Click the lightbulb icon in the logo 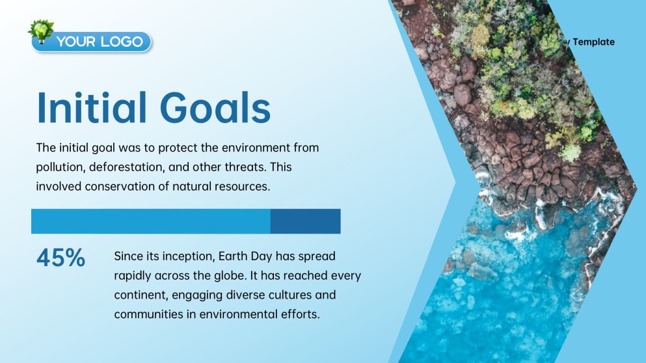pyautogui.click(x=42, y=31)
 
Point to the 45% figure pyautogui.click(x=61, y=258)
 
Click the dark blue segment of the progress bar pyautogui.click(x=305, y=221)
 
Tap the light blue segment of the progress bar pyautogui.click(x=150, y=221)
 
